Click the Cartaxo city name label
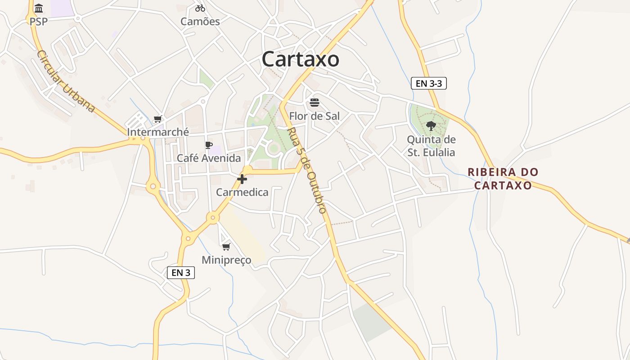point(300,59)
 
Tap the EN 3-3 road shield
point(428,83)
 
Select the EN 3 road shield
point(181,272)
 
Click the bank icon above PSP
point(39,9)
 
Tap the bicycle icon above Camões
point(200,8)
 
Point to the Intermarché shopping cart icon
point(157,119)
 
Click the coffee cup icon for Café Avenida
point(208,145)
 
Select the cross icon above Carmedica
point(242,179)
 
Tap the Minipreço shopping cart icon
point(226,247)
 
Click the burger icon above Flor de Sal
point(315,103)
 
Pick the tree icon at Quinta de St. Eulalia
point(431,126)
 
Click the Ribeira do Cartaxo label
point(503,179)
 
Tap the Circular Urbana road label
point(66,81)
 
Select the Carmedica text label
point(242,193)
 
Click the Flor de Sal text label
point(315,116)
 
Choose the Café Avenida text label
point(209,158)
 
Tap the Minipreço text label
point(226,260)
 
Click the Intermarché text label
point(158,132)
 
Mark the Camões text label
point(200,22)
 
